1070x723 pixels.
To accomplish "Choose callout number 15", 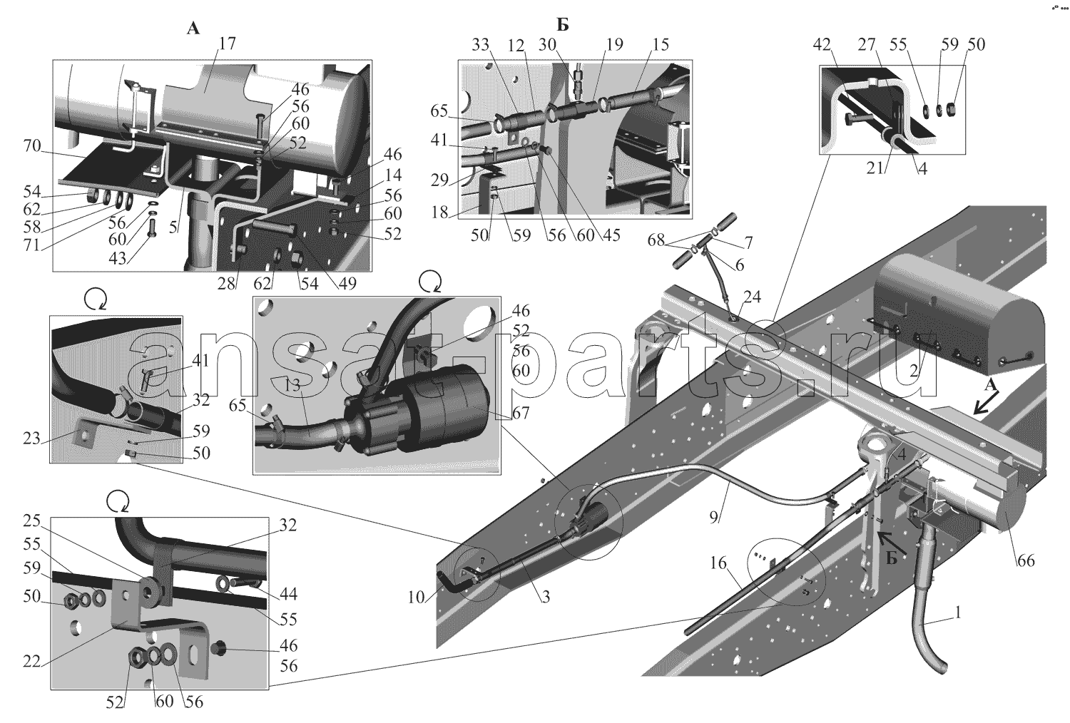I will [x=660, y=45].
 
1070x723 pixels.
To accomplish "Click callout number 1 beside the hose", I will [x=958, y=612].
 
